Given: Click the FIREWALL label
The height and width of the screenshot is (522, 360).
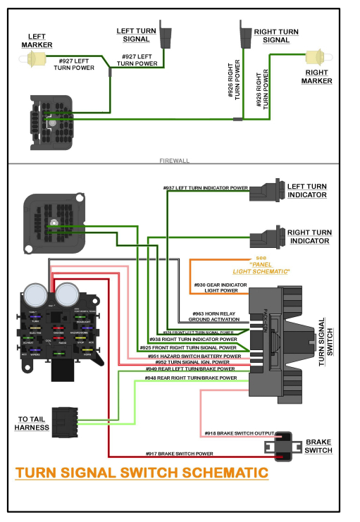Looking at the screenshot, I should (175, 161).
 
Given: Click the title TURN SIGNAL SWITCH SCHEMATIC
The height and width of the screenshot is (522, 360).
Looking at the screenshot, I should (142, 472).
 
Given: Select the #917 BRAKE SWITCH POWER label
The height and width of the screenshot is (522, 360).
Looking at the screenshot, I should (179, 454).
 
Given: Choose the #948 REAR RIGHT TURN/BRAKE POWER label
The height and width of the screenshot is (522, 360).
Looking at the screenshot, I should (190, 378).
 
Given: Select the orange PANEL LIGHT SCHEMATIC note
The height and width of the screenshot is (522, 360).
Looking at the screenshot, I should (261, 266).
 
